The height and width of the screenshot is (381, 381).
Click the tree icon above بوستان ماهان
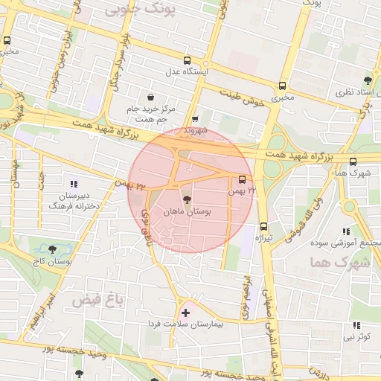pos(186,199)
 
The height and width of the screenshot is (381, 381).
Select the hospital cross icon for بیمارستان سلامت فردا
pos(185,313)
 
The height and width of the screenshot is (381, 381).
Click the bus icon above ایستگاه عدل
pos(187,61)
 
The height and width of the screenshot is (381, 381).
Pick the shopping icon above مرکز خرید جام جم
pos(151,97)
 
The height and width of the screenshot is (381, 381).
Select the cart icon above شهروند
pos(195,119)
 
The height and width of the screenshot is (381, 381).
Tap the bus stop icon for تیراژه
pos(263,227)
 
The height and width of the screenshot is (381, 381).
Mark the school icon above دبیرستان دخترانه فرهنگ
pos(73,184)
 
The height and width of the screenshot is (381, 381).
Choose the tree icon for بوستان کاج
pos(51,249)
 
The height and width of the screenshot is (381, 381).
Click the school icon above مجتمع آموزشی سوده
pos(345,231)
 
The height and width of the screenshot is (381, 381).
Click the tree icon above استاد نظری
pos(367,80)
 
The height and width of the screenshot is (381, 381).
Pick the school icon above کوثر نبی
pos(356,325)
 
